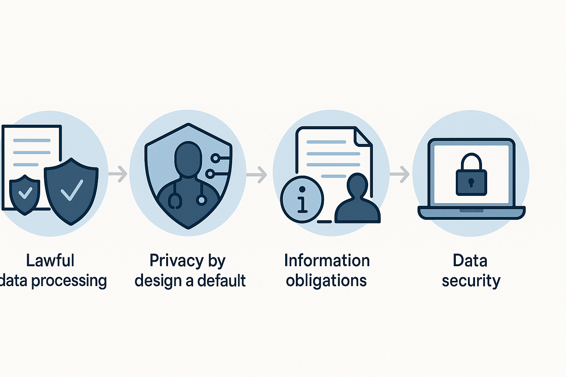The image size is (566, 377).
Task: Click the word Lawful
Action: point(50,260)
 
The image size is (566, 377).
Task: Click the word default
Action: point(221,280)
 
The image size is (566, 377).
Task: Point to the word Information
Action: point(327,260)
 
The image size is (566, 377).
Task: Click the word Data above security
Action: point(470,260)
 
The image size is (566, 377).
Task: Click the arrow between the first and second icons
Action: point(118,174)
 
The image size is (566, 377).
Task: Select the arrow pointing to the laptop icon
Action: point(399,174)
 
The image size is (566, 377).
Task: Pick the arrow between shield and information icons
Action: point(257,174)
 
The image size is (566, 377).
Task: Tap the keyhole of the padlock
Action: point(471,182)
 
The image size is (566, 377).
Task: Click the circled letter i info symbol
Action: point(302,199)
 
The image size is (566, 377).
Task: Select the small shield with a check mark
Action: point(25,195)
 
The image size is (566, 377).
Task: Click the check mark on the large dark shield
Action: point(72,190)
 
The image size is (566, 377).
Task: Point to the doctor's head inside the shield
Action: point(188,158)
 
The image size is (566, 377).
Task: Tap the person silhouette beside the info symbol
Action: point(357,198)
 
